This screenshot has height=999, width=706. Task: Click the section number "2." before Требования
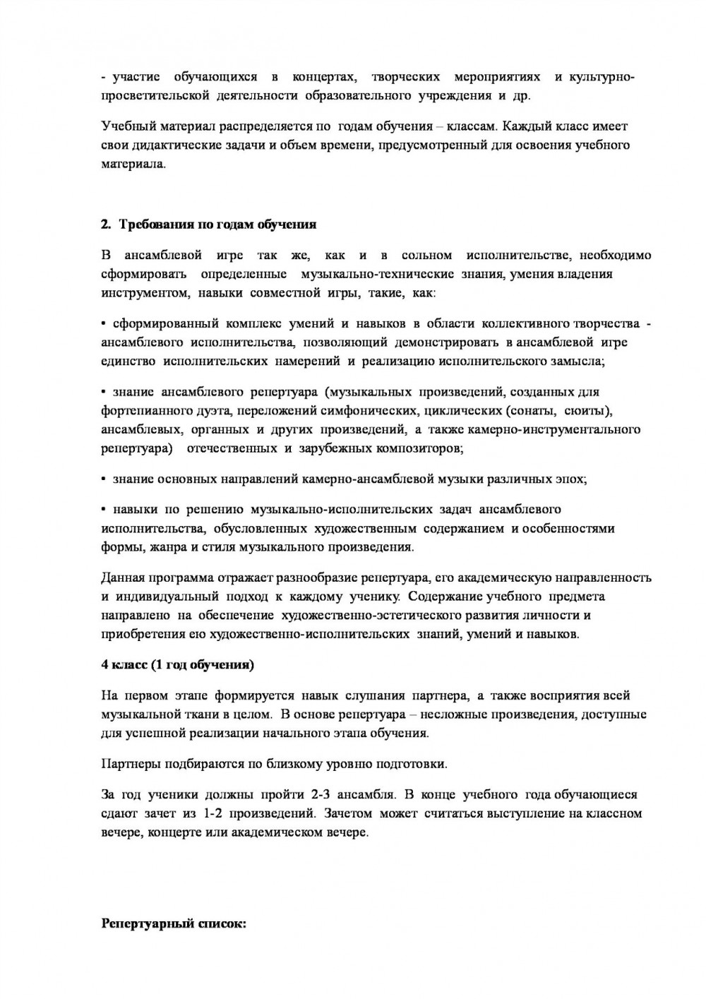107,225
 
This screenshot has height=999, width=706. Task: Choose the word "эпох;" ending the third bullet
572,479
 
